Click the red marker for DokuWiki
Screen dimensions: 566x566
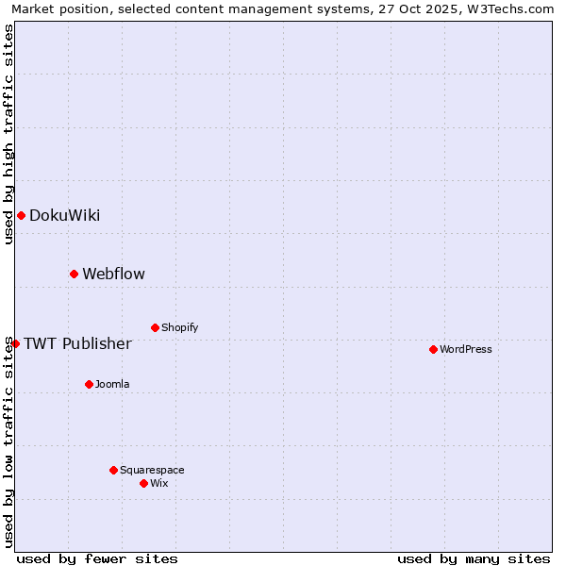[21, 216]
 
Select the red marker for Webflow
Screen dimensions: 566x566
[74, 275]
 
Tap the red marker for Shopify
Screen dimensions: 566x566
[155, 328]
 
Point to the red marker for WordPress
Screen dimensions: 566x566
[433, 350]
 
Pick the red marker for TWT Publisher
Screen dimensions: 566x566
[15, 343]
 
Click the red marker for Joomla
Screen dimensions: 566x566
[89, 385]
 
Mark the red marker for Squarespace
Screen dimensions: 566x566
[113, 471]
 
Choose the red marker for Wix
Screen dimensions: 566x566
[143, 484]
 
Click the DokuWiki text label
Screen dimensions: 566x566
[64, 216]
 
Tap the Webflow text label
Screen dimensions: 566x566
[113, 275]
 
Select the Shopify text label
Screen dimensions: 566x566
[179, 328]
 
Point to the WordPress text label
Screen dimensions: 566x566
[465, 350]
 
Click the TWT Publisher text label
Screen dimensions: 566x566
[77, 343]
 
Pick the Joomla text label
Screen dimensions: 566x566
[112, 385]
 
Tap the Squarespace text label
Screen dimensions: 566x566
[152, 471]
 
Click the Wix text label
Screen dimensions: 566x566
[158, 484]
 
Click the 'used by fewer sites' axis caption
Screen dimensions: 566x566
[97, 558]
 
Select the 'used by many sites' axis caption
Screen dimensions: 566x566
[474, 558]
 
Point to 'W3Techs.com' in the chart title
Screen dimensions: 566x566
[514, 8]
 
